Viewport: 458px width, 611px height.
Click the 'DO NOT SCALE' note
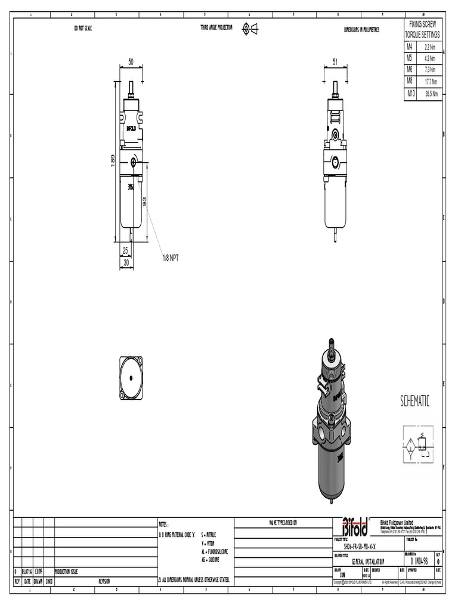tap(83, 29)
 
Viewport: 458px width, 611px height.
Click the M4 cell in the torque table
tap(410, 46)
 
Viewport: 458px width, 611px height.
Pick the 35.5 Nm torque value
tap(431, 94)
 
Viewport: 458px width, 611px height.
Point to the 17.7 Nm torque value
tap(431, 82)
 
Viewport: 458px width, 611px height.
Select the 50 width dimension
tap(131, 62)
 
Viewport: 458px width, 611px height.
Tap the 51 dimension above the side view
tap(335, 62)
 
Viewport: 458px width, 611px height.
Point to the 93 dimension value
tap(145, 202)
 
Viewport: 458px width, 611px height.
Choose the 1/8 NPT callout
tap(171, 258)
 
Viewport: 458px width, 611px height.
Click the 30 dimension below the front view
tap(126, 262)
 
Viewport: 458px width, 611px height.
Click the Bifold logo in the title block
tap(355, 526)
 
